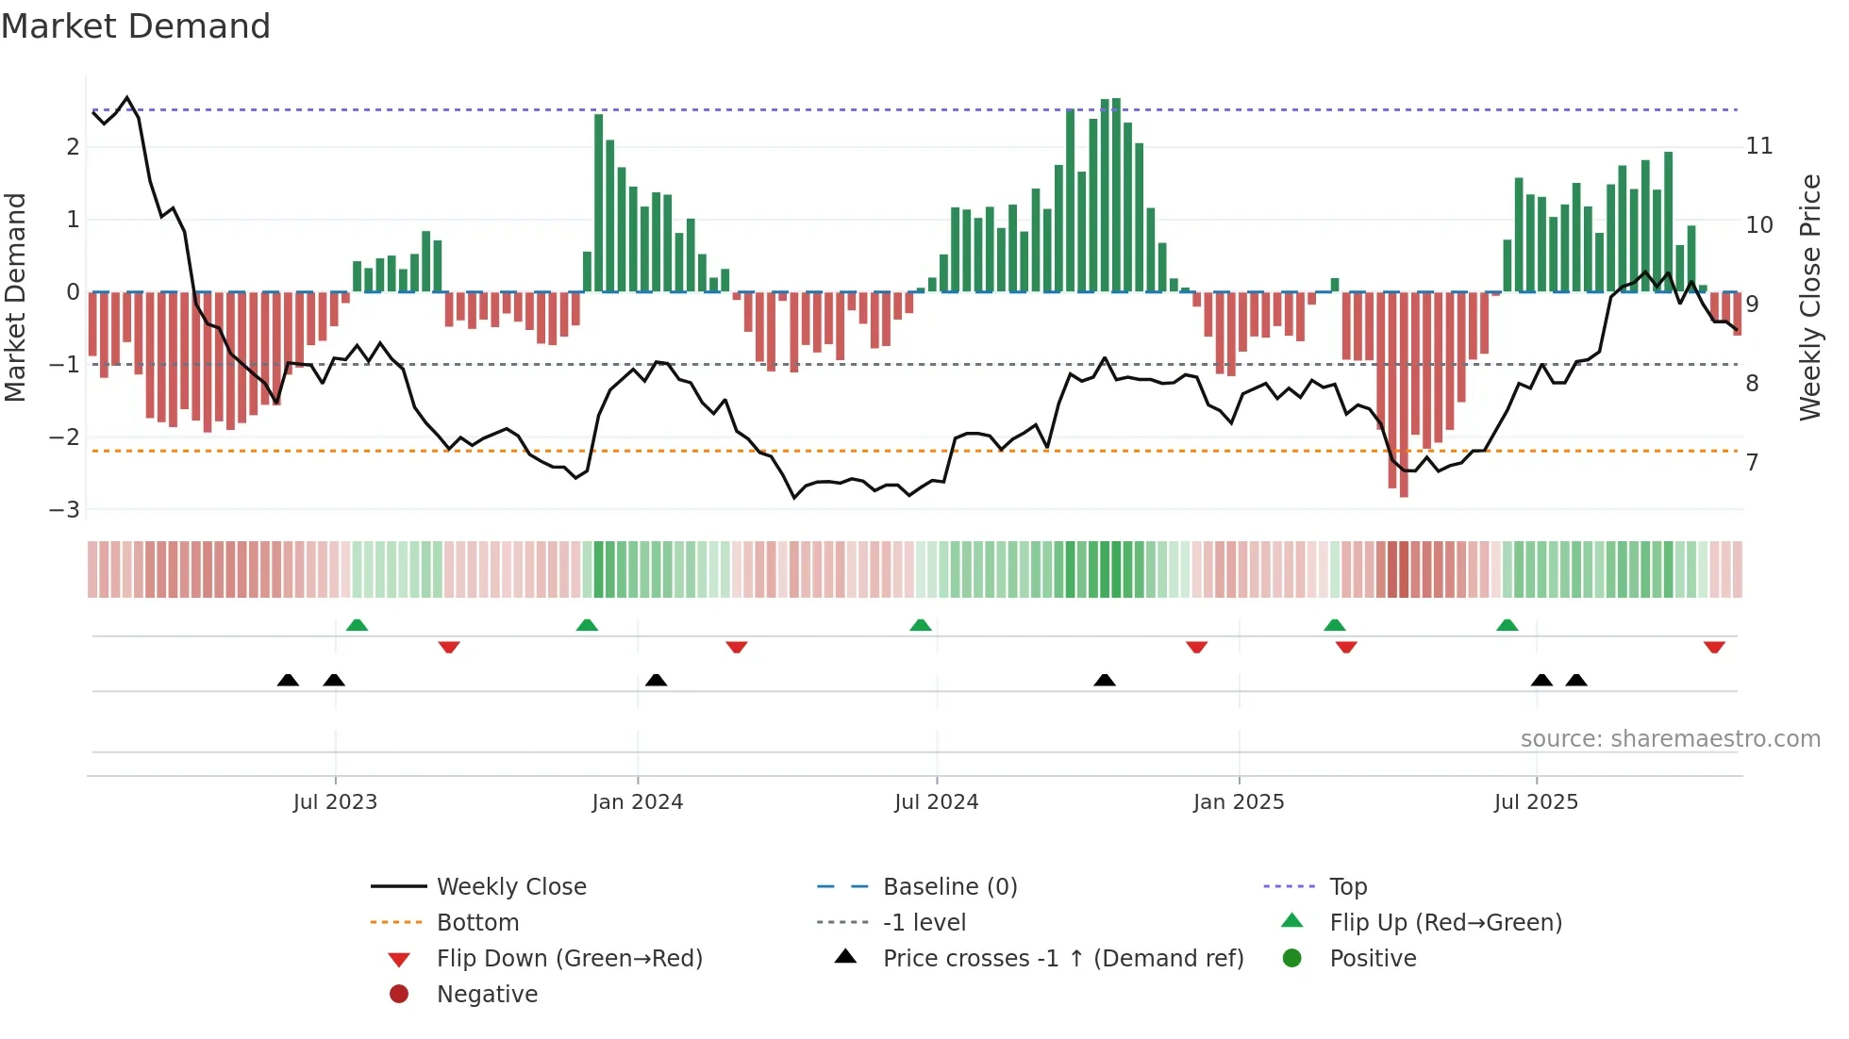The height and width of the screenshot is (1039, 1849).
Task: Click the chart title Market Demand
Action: (136, 26)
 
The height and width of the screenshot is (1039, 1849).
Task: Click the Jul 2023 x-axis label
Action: (335, 802)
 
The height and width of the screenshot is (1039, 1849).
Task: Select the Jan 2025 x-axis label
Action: (1238, 802)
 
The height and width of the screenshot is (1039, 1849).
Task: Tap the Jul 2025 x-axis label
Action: (1536, 802)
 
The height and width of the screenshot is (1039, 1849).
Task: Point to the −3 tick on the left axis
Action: (64, 510)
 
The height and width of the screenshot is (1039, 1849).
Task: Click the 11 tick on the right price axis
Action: (1759, 146)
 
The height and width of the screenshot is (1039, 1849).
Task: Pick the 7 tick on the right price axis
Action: (1752, 463)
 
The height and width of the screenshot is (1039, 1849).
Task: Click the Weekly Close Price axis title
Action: (1809, 297)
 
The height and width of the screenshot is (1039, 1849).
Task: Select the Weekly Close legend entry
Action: (510, 887)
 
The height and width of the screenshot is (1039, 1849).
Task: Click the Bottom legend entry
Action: (477, 923)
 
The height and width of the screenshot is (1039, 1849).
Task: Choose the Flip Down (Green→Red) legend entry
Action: (569, 959)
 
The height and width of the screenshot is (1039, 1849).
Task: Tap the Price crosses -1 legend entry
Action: (1062, 959)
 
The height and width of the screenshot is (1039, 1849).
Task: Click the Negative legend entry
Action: (487, 995)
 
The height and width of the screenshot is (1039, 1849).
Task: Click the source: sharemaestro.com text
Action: (1670, 739)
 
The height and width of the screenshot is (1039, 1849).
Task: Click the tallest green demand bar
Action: (1116, 194)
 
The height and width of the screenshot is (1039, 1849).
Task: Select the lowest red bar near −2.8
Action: (1404, 396)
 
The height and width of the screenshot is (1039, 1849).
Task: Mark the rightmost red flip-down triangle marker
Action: (1714, 647)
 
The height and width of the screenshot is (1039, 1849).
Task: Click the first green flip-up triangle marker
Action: (357, 625)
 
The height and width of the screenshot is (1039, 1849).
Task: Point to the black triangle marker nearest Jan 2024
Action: (656, 680)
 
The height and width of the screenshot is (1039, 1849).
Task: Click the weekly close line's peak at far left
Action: (127, 98)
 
